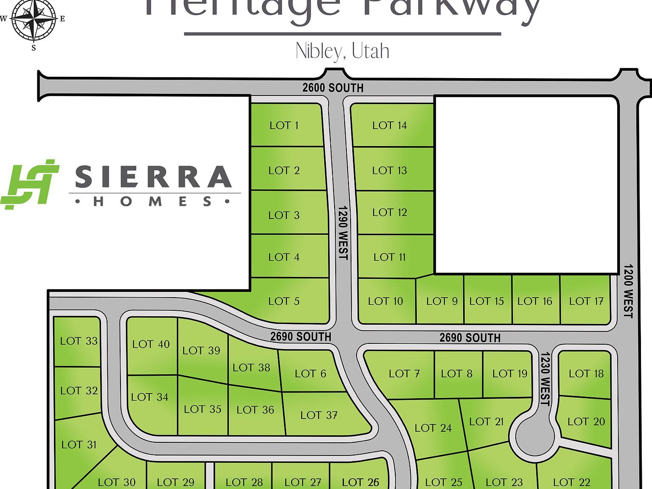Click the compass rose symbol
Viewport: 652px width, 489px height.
34,20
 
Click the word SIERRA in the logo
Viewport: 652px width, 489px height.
153,177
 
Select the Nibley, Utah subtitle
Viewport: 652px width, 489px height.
342,51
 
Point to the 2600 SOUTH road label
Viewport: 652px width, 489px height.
333,88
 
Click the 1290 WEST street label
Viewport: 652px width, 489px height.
343,233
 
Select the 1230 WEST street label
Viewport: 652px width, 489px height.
545,379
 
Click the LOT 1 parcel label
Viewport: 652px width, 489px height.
284,125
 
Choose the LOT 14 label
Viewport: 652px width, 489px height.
390,125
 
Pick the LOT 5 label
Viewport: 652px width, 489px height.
284,301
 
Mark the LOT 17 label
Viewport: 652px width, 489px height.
586,301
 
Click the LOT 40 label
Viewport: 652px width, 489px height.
151,344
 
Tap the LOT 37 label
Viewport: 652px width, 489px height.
319,415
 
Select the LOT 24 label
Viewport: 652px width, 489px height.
433,428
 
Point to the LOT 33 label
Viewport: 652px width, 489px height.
79,341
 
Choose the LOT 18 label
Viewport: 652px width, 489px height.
586,374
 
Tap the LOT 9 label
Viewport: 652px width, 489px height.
442,301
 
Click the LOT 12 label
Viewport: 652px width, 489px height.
390,212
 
